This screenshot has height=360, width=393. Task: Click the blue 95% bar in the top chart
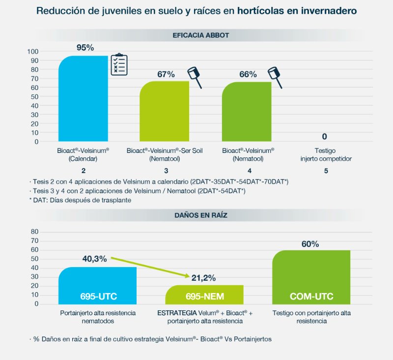tap(83, 98)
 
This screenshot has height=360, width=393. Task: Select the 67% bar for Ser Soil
tap(165, 111)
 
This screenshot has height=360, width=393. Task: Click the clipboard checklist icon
tap(118, 65)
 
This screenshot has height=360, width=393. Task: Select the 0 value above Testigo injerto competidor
tap(324, 136)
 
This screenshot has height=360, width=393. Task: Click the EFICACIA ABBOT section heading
tap(200, 35)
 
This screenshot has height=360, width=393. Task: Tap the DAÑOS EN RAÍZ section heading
tap(200, 215)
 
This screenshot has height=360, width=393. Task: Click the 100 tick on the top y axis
tap(33, 52)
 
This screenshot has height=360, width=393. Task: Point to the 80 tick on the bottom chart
tap(34, 232)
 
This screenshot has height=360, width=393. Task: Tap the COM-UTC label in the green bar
tap(311, 297)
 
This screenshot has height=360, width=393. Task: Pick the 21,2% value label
tap(203, 278)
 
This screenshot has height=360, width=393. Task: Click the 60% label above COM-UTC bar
tap(309, 244)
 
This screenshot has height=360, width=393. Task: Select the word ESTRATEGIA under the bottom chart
tap(177, 313)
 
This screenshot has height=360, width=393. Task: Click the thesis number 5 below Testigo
tap(325, 171)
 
